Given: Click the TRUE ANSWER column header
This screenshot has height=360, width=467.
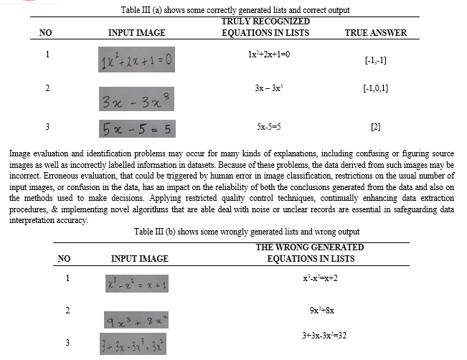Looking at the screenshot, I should coord(375,33).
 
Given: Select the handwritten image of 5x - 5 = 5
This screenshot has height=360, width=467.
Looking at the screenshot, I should coord(136,129).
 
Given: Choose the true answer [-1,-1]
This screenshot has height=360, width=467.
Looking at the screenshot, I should coord(376,60).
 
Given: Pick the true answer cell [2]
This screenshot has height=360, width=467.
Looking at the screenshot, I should coord(376,128).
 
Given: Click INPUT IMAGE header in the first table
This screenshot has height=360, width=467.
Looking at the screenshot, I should coord(136,33).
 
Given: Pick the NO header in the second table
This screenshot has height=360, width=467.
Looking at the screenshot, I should coord(64,258).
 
